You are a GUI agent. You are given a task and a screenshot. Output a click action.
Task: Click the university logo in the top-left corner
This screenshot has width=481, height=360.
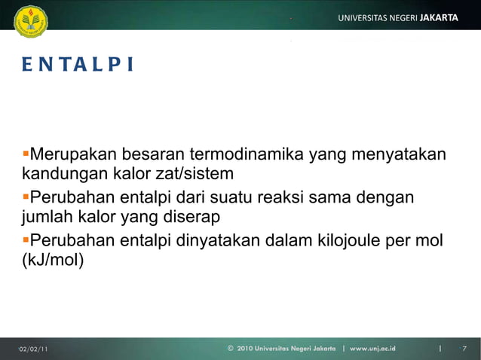click(x=30, y=18)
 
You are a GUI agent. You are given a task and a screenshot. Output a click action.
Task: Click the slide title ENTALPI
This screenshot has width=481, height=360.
click(x=77, y=66)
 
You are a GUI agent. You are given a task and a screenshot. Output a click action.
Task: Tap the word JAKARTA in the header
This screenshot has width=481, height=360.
click(x=439, y=17)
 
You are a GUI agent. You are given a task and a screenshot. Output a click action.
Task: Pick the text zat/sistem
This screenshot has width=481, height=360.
click(x=196, y=175)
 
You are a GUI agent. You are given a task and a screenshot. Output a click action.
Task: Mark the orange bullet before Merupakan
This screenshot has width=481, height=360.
click(x=26, y=154)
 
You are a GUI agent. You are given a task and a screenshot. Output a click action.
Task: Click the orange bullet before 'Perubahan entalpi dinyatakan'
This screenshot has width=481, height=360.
click(x=26, y=240)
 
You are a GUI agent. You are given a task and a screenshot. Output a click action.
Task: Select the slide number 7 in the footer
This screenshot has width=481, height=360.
click(x=464, y=349)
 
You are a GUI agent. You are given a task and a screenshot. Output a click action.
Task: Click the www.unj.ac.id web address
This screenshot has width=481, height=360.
click(x=372, y=349)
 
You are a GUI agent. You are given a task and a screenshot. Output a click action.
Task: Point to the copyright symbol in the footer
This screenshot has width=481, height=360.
click(x=230, y=349)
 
